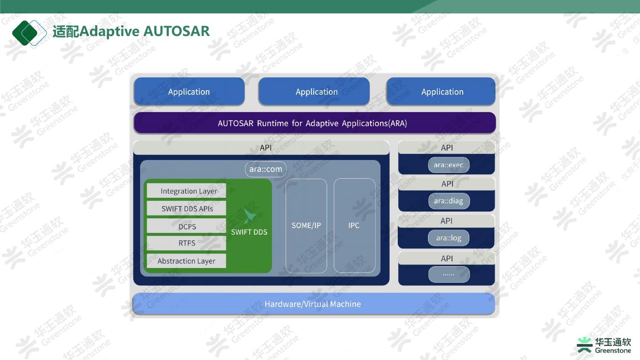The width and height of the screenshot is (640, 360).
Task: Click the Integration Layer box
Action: point(186,191)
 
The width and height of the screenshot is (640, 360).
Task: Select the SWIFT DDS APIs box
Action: point(186,208)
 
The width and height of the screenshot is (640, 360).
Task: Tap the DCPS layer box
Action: point(186,226)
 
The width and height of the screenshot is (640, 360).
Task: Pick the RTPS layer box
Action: point(186,243)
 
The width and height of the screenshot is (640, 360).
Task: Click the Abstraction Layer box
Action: point(186,261)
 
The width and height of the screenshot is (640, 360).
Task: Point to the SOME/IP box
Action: point(306,225)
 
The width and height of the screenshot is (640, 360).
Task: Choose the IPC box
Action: point(354,225)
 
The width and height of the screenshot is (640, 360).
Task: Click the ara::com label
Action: point(266,169)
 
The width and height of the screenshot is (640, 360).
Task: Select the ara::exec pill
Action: point(448,165)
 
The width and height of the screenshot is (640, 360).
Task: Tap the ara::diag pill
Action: point(448,201)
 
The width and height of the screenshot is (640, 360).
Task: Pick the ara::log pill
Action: point(448,238)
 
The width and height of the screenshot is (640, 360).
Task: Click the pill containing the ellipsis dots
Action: point(448,274)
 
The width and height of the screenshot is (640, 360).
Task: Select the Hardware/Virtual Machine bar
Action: point(313,304)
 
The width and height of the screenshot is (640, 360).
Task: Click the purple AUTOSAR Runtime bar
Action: point(313,123)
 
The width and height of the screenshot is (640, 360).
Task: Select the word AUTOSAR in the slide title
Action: point(177,32)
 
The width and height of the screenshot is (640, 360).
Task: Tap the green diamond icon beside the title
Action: point(29,32)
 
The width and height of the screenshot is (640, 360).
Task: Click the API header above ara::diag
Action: point(447,184)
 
